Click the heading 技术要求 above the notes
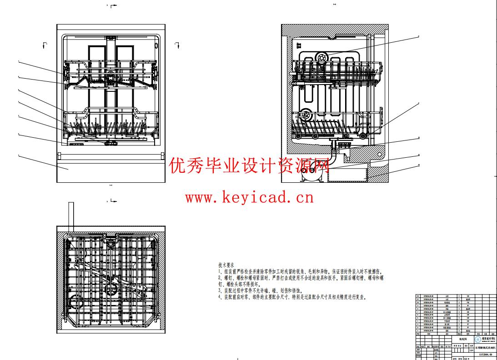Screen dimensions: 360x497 point(226,265)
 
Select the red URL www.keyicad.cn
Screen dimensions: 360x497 point(249,197)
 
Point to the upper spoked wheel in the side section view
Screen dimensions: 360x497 point(322,58)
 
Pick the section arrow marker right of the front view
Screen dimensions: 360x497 point(177,44)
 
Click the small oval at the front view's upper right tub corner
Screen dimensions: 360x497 point(157,45)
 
